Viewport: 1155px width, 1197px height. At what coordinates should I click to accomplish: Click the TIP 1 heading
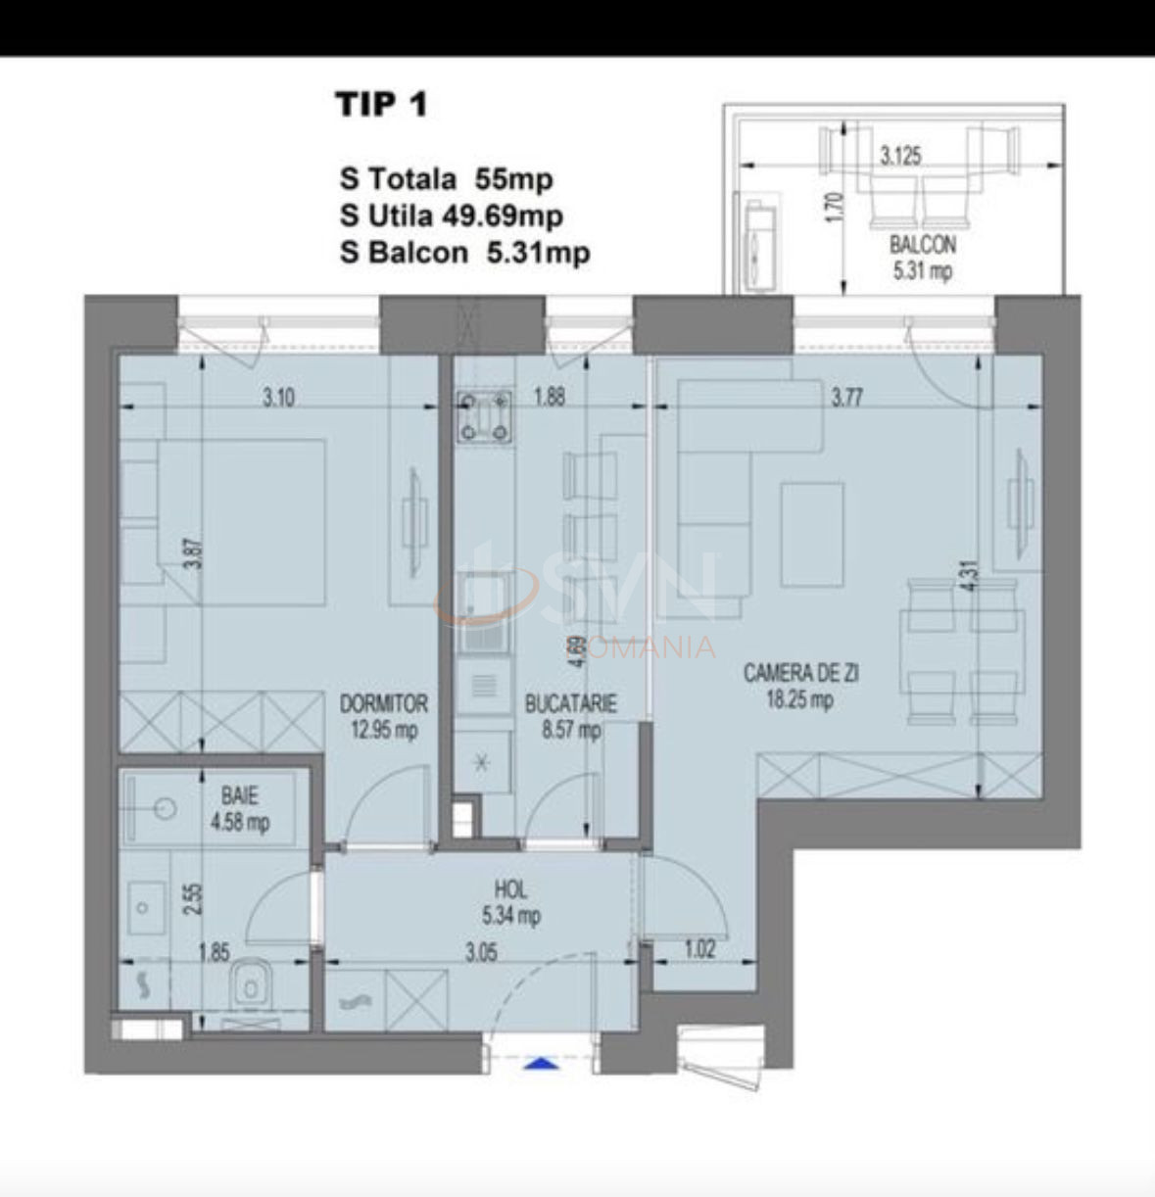(x=382, y=104)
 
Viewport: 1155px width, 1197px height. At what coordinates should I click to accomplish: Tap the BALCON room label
(x=922, y=246)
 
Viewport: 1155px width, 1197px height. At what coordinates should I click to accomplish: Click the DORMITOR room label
(x=383, y=703)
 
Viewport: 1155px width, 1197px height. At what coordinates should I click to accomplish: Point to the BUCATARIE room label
(x=570, y=703)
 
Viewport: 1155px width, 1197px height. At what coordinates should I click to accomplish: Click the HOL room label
(x=511, y=889)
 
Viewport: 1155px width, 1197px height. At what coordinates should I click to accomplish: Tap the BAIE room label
(x=239, y=795)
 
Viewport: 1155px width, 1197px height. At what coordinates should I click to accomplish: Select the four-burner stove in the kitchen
(x=484, y=415)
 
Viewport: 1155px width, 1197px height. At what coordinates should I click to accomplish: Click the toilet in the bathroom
(x=252, y=984)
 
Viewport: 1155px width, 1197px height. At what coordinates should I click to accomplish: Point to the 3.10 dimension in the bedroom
(x=279, y=399)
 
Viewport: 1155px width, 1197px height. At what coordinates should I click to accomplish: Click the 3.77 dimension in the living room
(x=847, y=398)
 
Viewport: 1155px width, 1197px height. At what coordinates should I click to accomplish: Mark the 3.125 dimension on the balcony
(x=899, y=157)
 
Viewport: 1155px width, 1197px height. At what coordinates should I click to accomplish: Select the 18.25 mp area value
(x=800, y=699)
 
